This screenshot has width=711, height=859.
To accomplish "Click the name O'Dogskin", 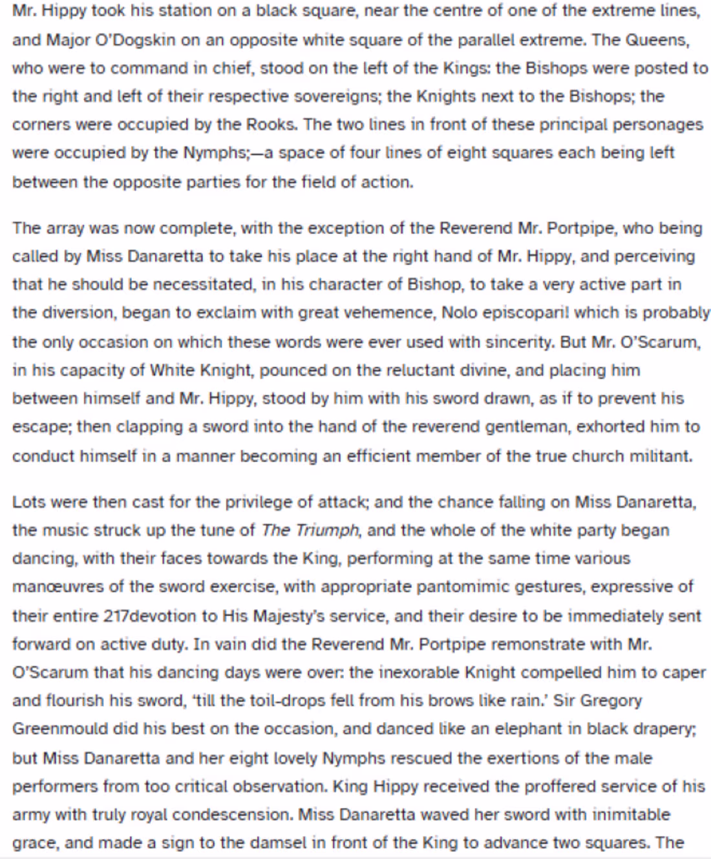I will tap(135, 40).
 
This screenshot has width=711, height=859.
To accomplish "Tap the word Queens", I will tap(656, 40).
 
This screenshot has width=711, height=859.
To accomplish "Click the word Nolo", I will tap(459, 313).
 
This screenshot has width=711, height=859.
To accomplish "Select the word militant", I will tap(659, 456).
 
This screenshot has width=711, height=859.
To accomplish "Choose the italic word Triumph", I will tap(326, 530).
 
